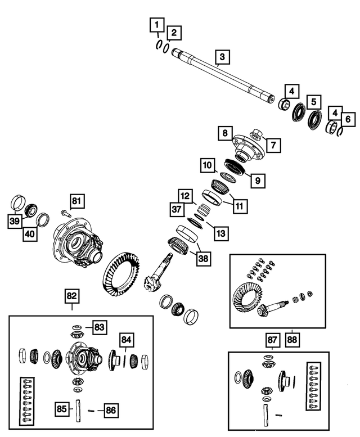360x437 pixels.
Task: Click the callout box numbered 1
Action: [x=156, y=24]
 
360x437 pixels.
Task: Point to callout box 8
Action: [x=225, y=134]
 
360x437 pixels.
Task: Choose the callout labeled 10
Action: [x=208, y=165]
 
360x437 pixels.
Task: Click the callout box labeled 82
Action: [x=72, y=294]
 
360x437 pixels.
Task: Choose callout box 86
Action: [x=111, y=410]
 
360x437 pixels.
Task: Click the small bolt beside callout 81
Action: [x=64, y=213]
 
